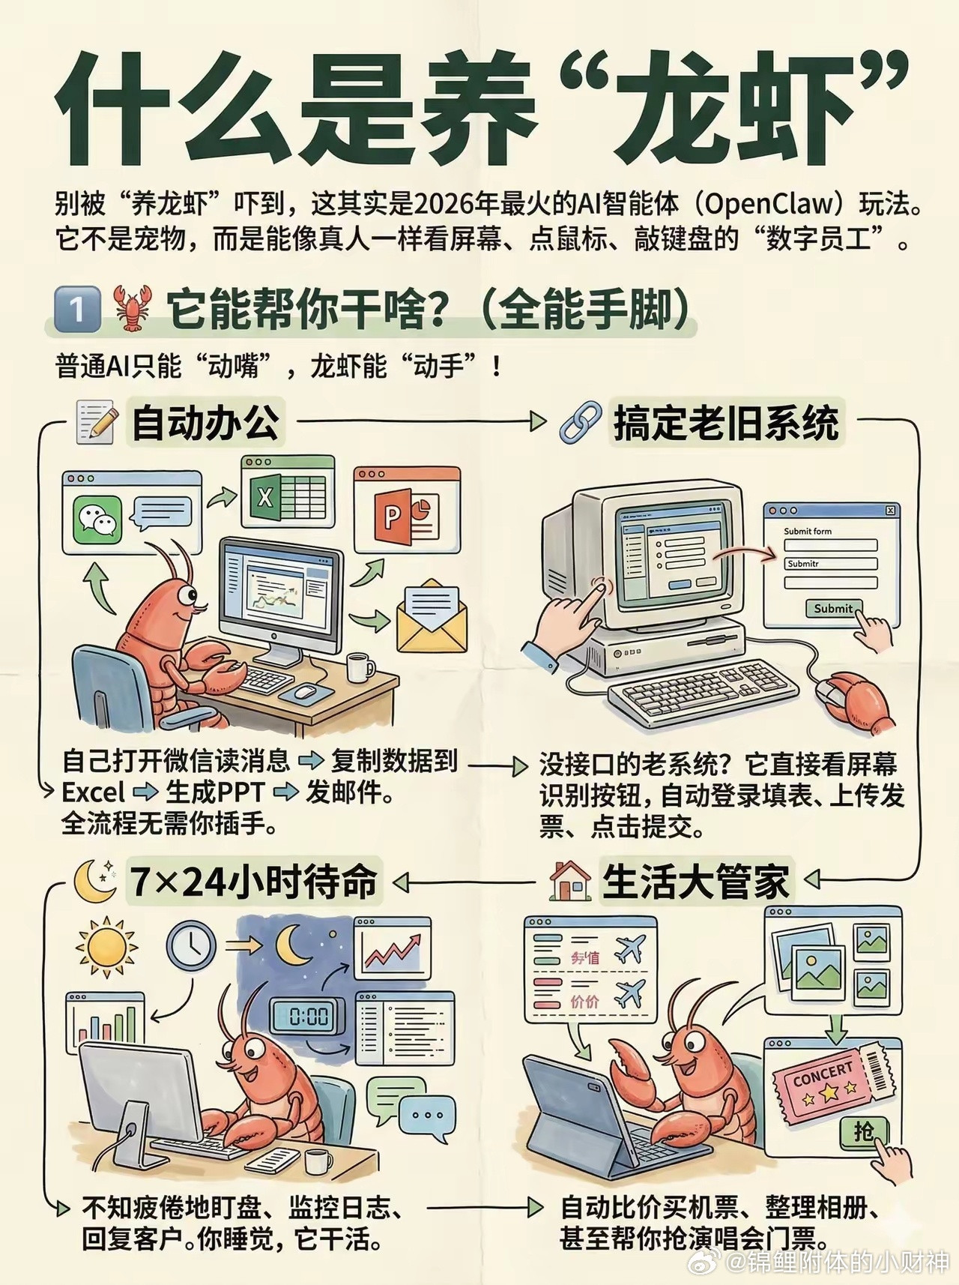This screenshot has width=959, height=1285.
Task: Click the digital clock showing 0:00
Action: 308,1016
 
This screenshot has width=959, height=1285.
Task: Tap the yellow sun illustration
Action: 106,946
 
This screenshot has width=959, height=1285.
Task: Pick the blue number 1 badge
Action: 77,309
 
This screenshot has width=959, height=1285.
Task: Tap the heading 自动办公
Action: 205,422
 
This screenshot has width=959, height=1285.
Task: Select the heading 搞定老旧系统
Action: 725,422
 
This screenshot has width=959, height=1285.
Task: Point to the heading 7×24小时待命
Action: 253,882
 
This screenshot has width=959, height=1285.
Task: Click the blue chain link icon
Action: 581,421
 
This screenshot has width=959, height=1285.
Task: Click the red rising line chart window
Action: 393,948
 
